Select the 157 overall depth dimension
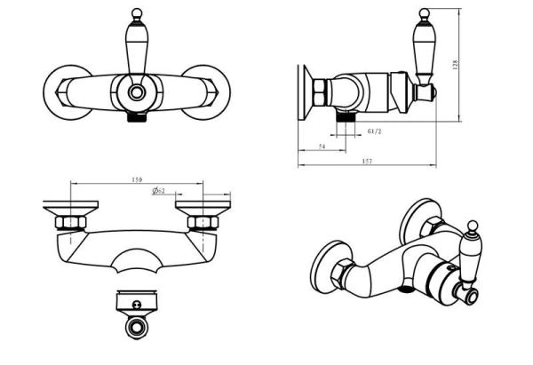click(x=367, y=160)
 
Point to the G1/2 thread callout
click(x=374, y=131)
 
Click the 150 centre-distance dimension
click(x=137, y=180)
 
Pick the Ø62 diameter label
click(x=157, y=191)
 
